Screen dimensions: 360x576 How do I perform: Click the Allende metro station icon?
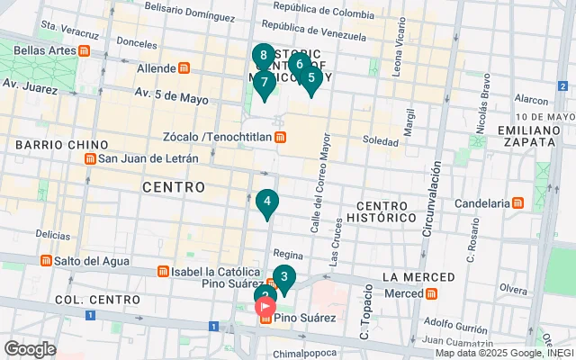point(184,68)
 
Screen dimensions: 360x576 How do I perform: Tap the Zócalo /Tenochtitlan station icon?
point(281,137)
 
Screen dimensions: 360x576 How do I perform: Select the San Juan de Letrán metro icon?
point(90,159)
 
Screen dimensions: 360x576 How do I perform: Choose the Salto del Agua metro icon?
point(46,260)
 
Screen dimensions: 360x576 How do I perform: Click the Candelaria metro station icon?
point(517,203)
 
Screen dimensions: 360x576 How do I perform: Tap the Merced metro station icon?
point(431,293)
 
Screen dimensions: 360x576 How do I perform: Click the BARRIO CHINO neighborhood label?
point(61,144)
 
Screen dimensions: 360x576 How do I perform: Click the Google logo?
point(30,349)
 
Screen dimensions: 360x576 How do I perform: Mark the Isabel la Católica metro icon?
point(162,271)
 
